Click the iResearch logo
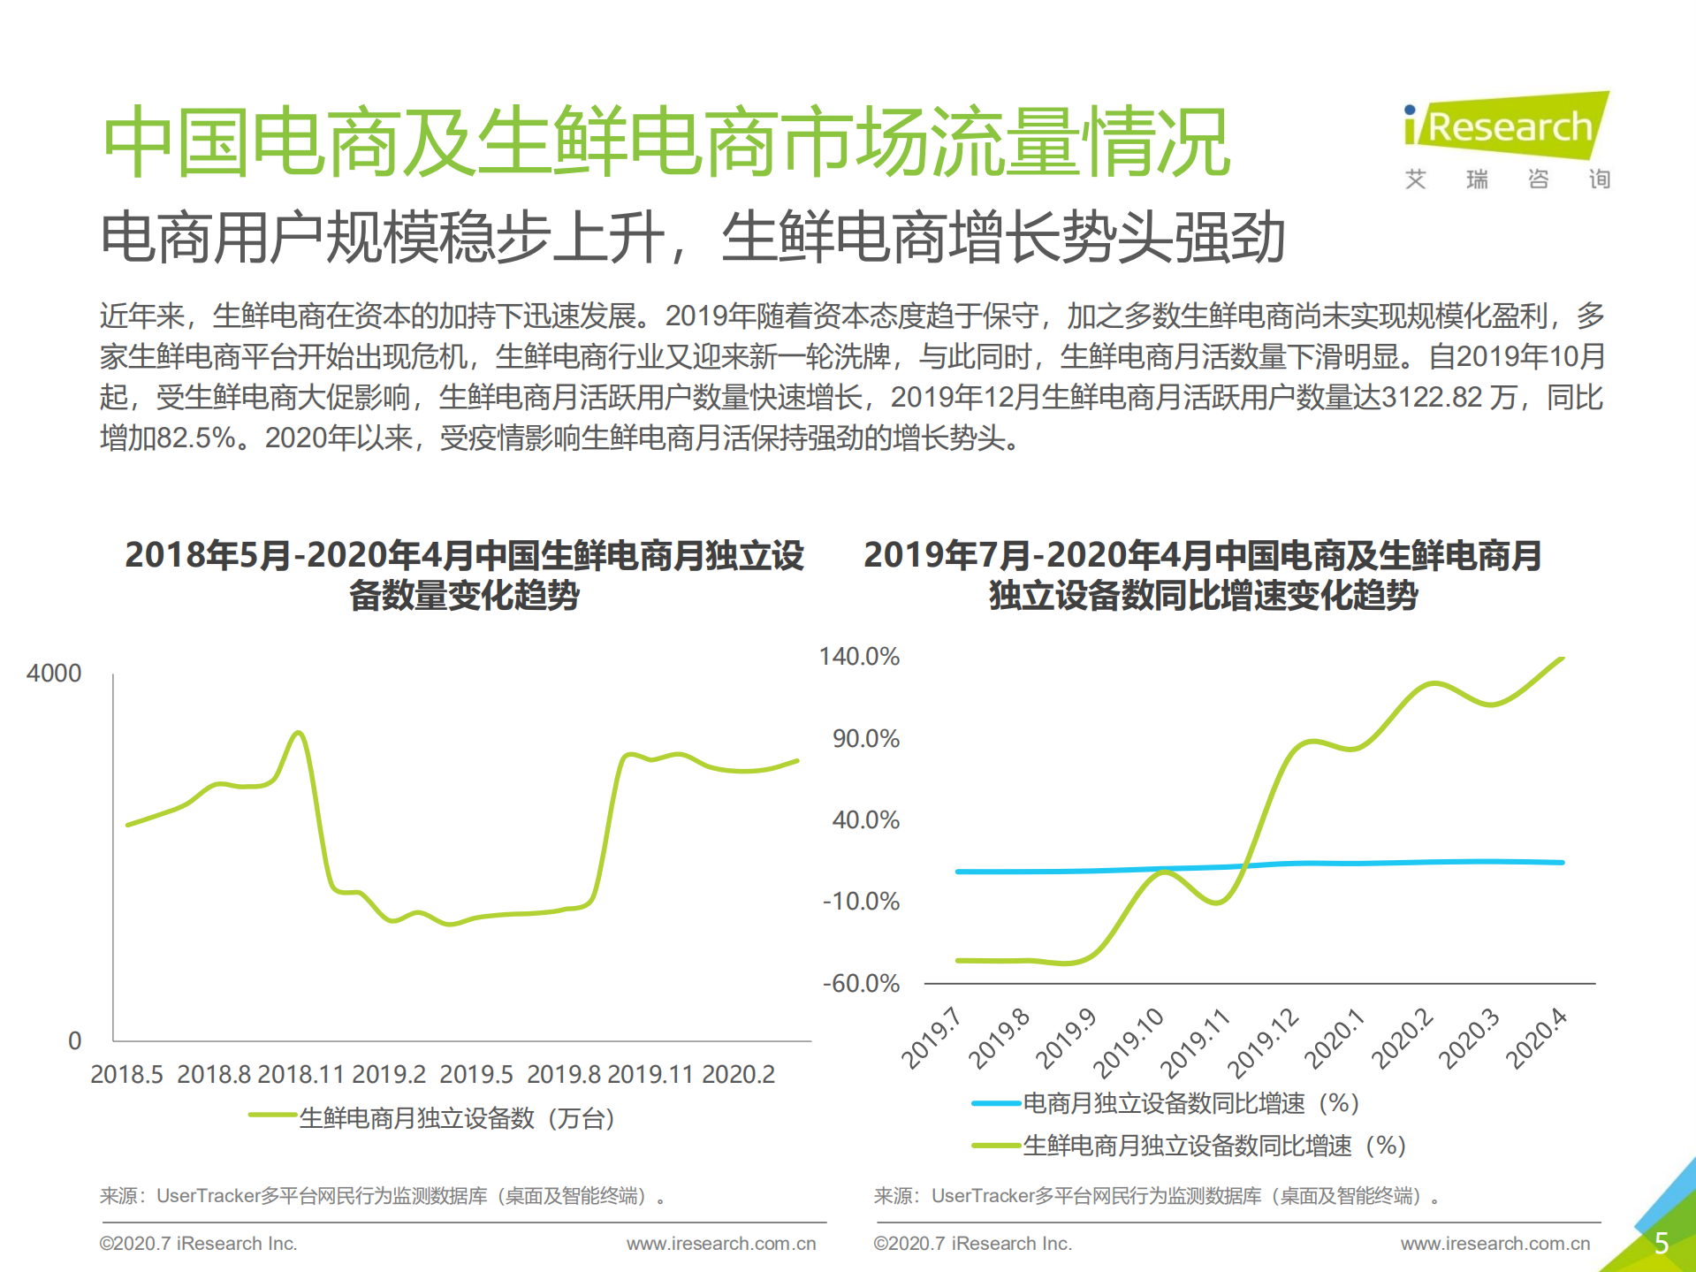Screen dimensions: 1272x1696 (x=1507, y=126)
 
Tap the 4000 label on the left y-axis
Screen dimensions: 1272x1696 (x=54, y=674)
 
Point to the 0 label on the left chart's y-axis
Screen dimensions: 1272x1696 (x=75, y=1041)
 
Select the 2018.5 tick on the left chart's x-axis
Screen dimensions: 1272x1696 (x=126, y=1075)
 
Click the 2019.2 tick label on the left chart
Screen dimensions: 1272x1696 (x=389, y=1075)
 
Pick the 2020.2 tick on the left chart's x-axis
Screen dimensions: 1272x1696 (x=738, y=1075)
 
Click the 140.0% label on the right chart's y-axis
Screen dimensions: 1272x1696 (x=859, y=657)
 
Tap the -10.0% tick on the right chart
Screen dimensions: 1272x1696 (x=861, y=902)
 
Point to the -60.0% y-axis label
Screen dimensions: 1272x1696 (x=861, y=984)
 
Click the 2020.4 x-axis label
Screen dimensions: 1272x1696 (x=1536, y=1039)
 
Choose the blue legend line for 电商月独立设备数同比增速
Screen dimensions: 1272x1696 (x=996, y=1103)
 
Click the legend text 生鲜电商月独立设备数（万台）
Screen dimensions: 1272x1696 (x=457, y=1118)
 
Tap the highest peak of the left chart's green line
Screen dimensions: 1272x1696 (x=299, y=733)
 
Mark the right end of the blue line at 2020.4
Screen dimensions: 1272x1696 (x=1562, y=862)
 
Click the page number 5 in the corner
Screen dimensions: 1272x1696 (x=1661, y=1244)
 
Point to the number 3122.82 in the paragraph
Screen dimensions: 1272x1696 (x=1432, y=398)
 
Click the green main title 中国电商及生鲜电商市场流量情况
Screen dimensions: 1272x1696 (x=666, y=142)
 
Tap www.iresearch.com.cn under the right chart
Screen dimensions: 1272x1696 (x=1494, y=1244)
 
